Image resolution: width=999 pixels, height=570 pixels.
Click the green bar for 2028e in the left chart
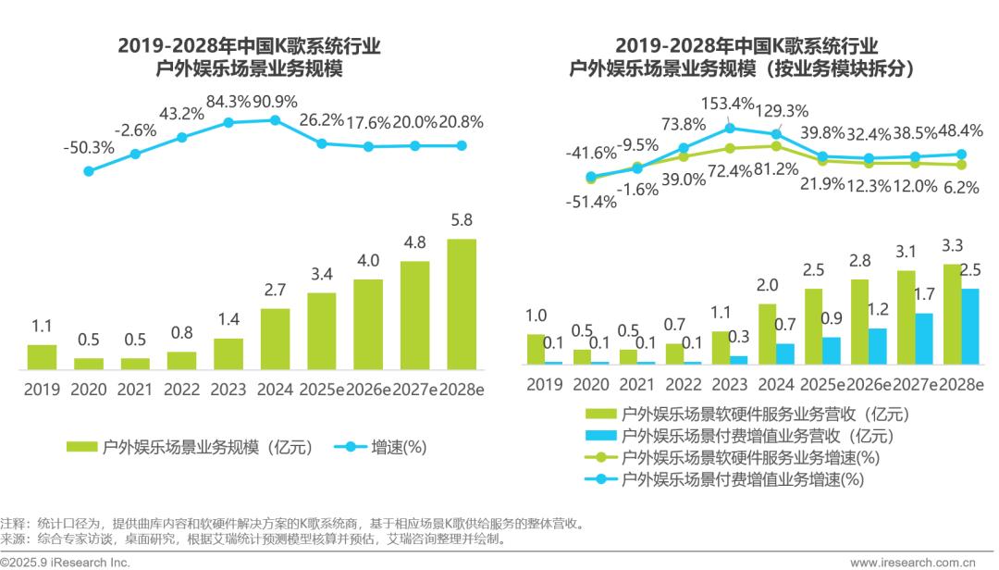click(462, 304)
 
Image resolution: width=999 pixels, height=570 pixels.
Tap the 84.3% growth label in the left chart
click(228, 101)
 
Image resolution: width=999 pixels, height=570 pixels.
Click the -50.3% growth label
click(89, 147)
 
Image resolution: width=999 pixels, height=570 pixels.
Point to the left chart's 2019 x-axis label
click(42, 390)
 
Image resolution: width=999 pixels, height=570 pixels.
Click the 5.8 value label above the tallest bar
click(462, 221)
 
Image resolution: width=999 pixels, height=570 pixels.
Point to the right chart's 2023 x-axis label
click(730, 384)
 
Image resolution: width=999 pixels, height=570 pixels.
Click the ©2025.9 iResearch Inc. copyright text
click(65, 562)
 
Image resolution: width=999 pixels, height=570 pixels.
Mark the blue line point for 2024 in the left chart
click(275, 119)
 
